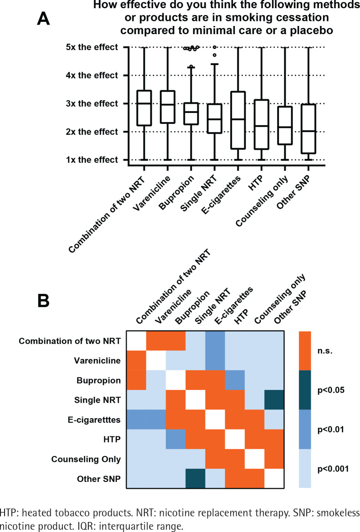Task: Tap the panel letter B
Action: (x=43, y=301)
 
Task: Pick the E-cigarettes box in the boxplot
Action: (x=238, y=120)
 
